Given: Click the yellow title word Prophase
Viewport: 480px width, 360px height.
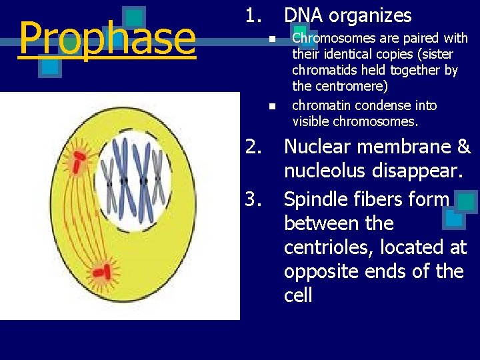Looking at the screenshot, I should (107, 39).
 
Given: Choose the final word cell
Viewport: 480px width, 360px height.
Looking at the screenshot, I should (298, 295).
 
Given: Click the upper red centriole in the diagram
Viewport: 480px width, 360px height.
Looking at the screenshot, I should (79, 159).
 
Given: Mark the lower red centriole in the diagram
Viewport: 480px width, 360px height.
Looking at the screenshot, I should (102, 271).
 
